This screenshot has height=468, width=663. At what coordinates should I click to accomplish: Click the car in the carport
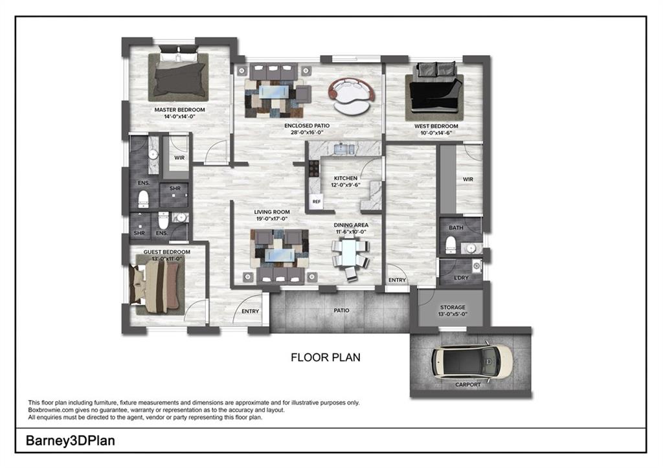click(472, 361)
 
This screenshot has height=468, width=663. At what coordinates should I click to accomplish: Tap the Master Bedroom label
click(180, 110)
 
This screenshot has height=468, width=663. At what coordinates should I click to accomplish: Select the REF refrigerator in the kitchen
click(316, 202)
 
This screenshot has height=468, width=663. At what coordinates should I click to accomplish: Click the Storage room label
click(453, 307)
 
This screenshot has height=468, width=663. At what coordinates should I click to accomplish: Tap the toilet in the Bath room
click(451, 245)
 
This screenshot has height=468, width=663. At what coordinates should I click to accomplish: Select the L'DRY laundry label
click(461, 278)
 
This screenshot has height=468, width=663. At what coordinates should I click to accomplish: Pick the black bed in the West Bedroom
click(434, 91)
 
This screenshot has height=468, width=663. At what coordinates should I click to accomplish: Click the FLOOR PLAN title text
click(326, 358)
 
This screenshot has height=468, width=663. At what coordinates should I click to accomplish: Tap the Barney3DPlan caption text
click(70, 441)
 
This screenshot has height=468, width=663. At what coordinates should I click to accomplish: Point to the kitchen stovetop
click(314, 169)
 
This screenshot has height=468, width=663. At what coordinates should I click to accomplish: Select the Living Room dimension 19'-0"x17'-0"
click(272, 219)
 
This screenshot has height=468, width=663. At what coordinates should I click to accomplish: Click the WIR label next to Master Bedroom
click(179, 158)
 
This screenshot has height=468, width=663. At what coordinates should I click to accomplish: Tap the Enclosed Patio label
click(307, 126)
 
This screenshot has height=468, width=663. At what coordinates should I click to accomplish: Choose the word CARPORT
click(468, 384)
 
